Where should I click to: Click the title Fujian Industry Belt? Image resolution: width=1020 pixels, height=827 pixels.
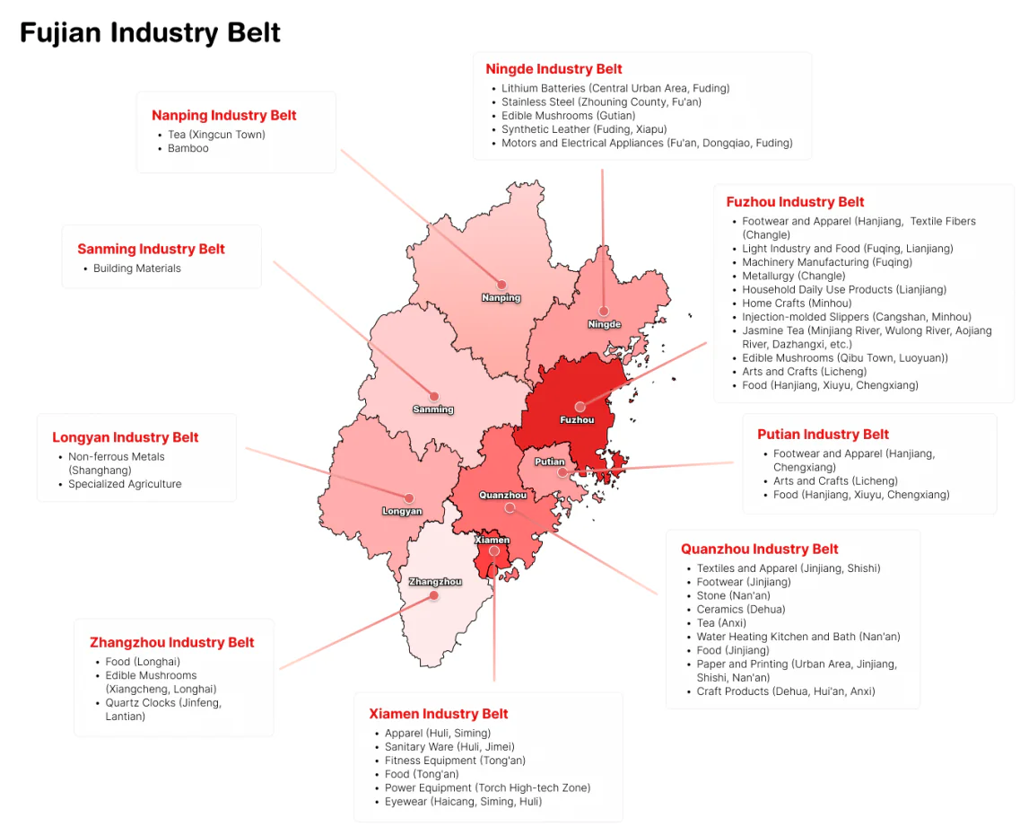point(150,33)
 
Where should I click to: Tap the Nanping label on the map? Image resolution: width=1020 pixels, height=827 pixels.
point(501,298)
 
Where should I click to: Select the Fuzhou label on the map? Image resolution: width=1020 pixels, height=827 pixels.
point(577,420)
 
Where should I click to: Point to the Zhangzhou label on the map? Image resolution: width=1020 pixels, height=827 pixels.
point(435,582)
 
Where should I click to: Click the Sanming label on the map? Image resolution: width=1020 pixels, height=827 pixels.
point(433,409)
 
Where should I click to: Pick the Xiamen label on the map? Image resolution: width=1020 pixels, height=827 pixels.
point(493,540)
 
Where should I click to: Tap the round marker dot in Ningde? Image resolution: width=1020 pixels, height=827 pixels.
point(604,311)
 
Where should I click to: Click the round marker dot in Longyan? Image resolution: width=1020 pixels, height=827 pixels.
point(409,497)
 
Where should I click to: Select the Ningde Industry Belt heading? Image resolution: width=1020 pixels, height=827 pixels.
point(554,69)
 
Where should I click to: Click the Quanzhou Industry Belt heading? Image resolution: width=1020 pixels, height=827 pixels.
point(759,549)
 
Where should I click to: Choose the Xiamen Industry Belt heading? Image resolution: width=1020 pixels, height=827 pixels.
point(438,714)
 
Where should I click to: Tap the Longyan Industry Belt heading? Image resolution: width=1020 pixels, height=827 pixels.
point(126,437)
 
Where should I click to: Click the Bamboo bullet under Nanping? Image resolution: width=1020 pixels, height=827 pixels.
point(188,148)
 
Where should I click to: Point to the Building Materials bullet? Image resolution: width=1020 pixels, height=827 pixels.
point(137,268)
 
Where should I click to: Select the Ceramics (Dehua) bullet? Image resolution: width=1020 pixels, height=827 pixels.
point(741,609)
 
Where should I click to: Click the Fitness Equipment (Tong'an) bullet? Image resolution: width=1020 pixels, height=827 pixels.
point(455,761)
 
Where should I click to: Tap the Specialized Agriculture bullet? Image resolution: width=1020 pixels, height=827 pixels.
point(125,484)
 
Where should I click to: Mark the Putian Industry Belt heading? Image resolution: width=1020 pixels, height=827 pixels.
point(823,434)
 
